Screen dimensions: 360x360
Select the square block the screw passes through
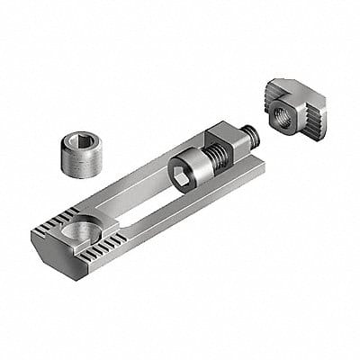pos(216,144)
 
